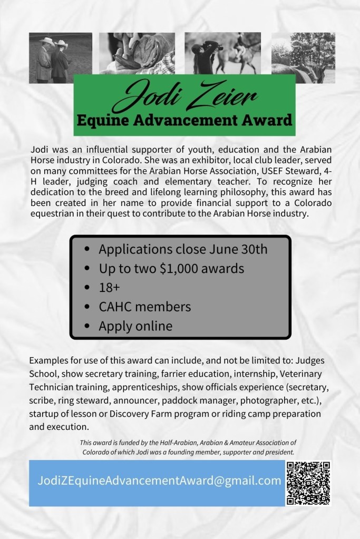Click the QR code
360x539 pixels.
tap(308, 483)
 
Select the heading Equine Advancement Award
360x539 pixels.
tap(184, 120)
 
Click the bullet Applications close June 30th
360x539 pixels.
tap(183, 249)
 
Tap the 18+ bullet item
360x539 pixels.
tap(110, 288)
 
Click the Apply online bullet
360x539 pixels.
tap(135, 326)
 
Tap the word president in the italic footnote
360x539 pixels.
tap(278, 452)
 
